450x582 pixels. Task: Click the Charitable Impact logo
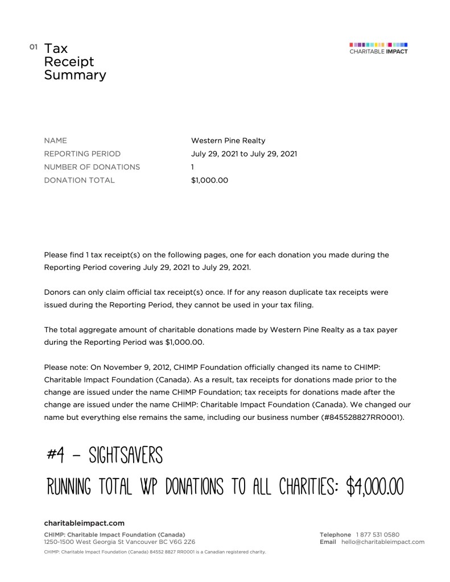[x=378, y=48]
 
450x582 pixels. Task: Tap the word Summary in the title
[x=75, y=75]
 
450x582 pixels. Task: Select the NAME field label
[x=55, y=141]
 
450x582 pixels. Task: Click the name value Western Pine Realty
[x=228, y=141]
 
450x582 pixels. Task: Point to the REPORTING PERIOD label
[x=82, y=154]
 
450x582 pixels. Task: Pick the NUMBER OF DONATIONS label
[x=92, y=167]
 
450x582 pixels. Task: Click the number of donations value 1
[x=193, y=167]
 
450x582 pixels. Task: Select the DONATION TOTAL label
[x=79, y=180]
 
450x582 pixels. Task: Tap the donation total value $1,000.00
[x=209, y=180]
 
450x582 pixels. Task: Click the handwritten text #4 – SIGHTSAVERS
[x=105, y=455]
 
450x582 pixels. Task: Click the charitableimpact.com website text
[x=84, y=523]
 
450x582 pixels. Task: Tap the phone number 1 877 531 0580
[x=377, y=535]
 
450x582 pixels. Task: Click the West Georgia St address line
[x=119, y=542]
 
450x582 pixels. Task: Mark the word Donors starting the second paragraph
[x=57, y=292]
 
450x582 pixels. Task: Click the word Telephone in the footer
[x=335, y=535]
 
